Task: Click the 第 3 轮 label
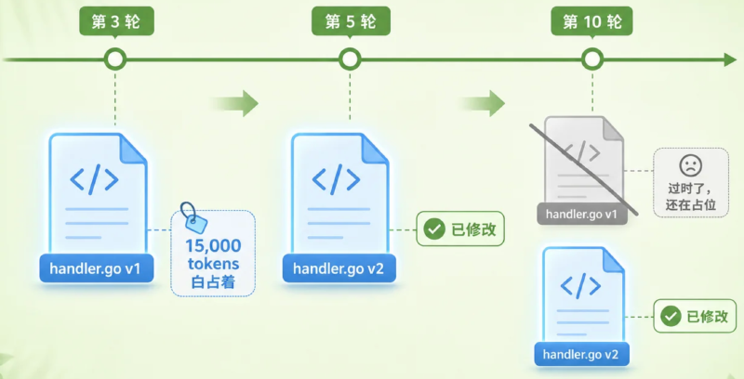point(116,21)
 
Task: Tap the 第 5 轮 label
point(351,21)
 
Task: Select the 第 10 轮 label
point(591,21)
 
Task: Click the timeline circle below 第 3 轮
point(115,59)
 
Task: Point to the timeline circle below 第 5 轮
point(351,59)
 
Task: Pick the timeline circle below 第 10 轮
point(592,59)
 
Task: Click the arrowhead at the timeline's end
point(731,59)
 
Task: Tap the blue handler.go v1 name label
point(97,268)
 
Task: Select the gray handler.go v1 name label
point(582,215)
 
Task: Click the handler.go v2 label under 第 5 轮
point(339,268)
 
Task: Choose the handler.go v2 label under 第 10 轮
point(581,354)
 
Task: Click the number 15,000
point(213,246)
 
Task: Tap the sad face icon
point(691,165)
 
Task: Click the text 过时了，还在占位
point(691,197)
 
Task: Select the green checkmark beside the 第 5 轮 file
point(434,229)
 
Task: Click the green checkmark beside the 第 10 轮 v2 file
point(671,316)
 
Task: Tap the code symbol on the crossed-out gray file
point(580,152)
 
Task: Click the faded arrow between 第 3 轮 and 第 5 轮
point(234,103)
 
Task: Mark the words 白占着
point(213,282)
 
